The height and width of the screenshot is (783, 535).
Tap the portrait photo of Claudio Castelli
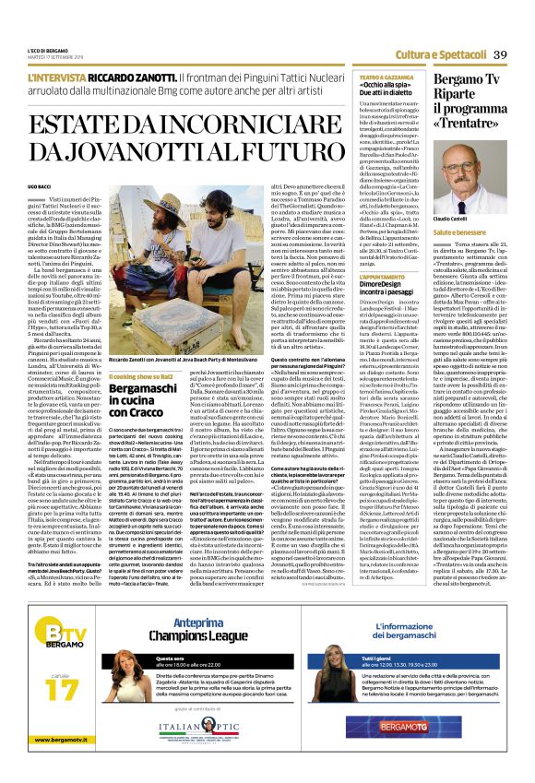coord(465,181)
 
